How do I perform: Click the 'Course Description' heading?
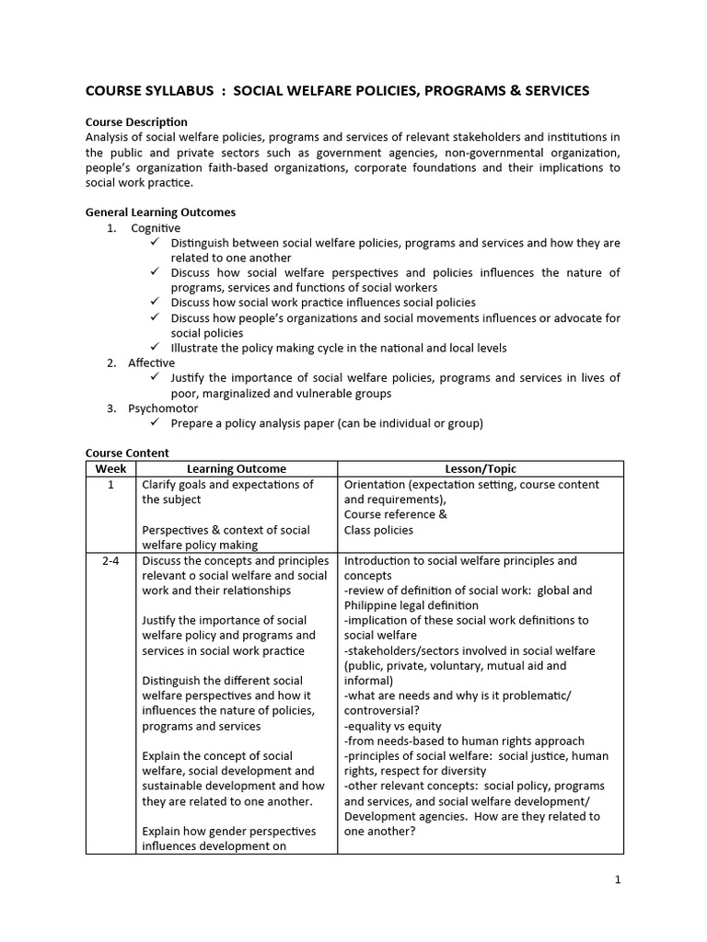pyautogui.click(x=136, y=122)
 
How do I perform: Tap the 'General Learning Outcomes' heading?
pyautogui.click(x=160, y=213)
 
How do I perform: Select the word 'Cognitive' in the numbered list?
pyautogui.click(x=156, y=228)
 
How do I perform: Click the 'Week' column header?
pyautogui.click(x=110, y=469)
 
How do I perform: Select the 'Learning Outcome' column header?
pyautogui.click(x=237, y=469)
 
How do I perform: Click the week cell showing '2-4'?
pyautogui.click(x=110, y=560)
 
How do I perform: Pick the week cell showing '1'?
pyautogui.click(x=110, y=485)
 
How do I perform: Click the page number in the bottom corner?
pyautogui.click(x=618, y=879)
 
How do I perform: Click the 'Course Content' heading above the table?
pyautogui.click(x=127, y=454)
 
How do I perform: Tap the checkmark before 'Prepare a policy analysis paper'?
pyautogui.click(x=154, y=423)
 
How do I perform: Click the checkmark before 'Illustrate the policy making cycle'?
pyautogui.click(x=154, y=348)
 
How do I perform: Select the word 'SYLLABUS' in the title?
pyautogui.click(x=182, y=91)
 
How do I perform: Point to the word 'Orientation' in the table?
pyautogui.click(x=376, y=485)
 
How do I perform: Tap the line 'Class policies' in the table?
pyautogui.click(x=378, y=530)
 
